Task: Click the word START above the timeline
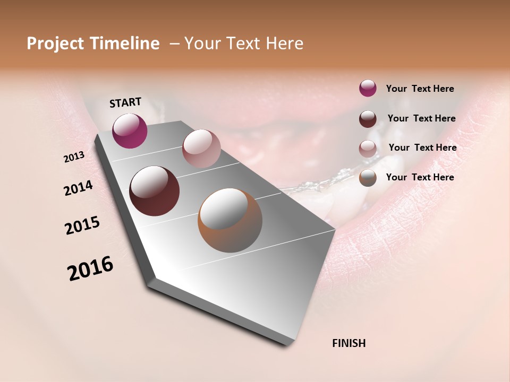point(125,102)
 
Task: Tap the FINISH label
point(348,343)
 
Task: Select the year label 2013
point(74,157)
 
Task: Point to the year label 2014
point(78,188)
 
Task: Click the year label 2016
point(90,268)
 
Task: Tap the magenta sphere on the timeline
point(130,131)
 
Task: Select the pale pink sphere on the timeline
point(201,149)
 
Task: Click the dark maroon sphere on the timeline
point(154,191)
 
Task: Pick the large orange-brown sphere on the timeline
point(229,220)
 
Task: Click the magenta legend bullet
point(368,89)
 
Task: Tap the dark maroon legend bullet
point(368,119)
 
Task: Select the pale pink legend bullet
point(368,148)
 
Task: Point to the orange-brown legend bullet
point(368,178)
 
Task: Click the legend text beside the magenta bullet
point(420,89)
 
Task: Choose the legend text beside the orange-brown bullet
point(420,177)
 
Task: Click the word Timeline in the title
point(126,44)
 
